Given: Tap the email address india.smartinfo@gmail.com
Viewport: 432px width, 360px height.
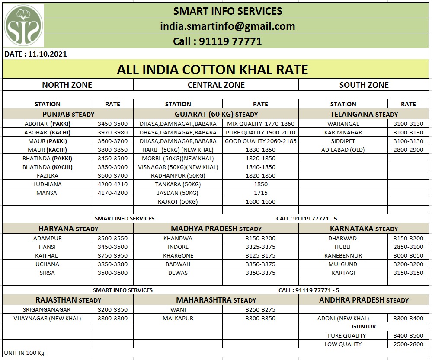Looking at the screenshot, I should pyautogui.click(x=227, y=26).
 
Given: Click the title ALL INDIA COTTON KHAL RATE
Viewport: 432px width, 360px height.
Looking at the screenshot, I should pyautogui.click(x=212, y=70).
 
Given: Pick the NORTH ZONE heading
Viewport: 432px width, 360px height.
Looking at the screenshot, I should pyautogui.click(x=67, y=85).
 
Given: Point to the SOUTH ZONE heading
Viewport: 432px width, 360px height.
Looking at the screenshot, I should pyautogui.click(x=364, y=85).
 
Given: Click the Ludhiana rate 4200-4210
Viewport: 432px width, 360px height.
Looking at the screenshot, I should pyautogui.click(x=112, y=184).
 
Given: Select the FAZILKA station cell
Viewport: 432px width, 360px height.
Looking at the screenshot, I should pyautogui.click(x=47, y=175).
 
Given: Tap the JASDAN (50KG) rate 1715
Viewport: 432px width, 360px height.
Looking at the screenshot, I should pyautogui.click(x=260, y=193).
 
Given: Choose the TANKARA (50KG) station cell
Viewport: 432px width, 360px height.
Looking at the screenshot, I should pyautogui.click(x=178, y=184).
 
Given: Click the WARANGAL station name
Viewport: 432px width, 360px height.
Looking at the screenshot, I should pyautogui.click(x=343, y=124).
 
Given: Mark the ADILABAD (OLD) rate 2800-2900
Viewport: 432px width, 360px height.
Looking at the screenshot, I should pyautogui.click(x=408, y=150).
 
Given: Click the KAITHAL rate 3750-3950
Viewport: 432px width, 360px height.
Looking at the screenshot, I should pyautogui.click(x=112, y=255).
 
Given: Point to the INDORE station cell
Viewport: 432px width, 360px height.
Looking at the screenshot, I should pyautogui.click(x=178, y=247).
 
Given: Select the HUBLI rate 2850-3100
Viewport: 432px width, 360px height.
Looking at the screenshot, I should pyautogui.click(x=408, y=247).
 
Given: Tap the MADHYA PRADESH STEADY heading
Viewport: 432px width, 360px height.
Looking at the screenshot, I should pyautogui.click(x=216, y=229).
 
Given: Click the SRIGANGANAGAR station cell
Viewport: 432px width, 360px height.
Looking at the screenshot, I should pyautogui.click(x=47, y=309).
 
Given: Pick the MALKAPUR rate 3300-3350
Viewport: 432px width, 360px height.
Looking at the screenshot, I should pyautogui.click(x=260, y=318).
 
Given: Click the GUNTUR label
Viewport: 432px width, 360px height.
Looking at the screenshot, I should pyautogui.click(x=364, y=326).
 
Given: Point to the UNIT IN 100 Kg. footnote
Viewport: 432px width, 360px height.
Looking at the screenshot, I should pyautogui.click(x=25, y=353).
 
